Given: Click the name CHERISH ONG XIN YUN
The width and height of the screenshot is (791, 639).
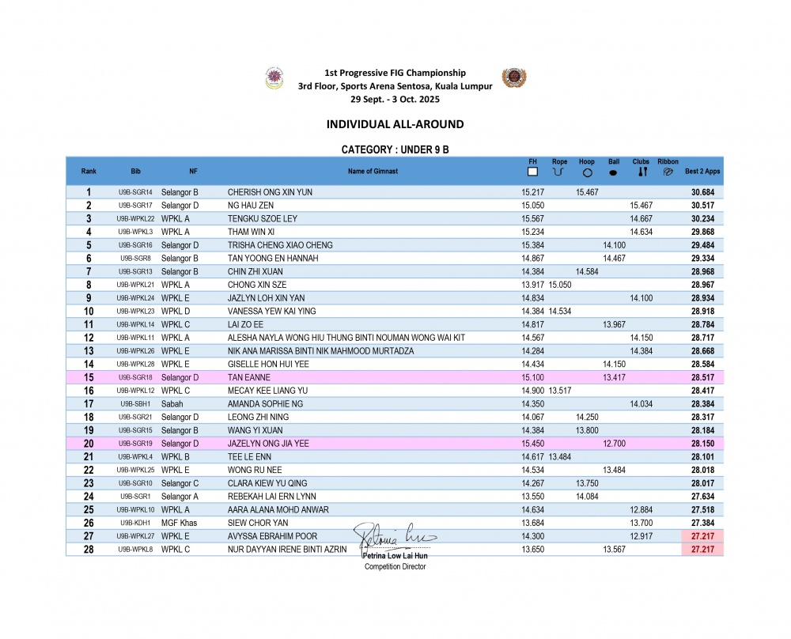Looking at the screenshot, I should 270,192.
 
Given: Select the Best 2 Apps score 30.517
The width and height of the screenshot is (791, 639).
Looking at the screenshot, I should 702,206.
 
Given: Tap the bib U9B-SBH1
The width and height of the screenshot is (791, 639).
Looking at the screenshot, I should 135,403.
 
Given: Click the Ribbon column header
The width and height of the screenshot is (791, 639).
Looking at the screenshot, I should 668,162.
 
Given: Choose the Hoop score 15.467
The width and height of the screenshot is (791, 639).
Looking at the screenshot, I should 587,192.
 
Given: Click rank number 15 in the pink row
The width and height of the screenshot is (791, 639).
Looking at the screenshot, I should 89,377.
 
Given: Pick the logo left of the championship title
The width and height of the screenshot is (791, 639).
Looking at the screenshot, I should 274,79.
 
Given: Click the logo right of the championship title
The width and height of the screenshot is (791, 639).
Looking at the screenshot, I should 513,78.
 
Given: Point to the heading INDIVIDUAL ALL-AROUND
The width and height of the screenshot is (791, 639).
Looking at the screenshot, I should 395,124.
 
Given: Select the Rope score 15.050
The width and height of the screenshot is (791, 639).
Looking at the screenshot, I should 560,284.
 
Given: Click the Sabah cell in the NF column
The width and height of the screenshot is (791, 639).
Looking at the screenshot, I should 172,403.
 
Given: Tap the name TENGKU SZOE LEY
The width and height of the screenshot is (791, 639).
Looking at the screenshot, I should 263,219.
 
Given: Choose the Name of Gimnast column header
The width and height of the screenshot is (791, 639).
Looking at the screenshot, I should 373,171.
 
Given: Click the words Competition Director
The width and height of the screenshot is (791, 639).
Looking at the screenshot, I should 395,566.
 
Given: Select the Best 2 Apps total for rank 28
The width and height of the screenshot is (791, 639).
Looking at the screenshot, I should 702,550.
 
